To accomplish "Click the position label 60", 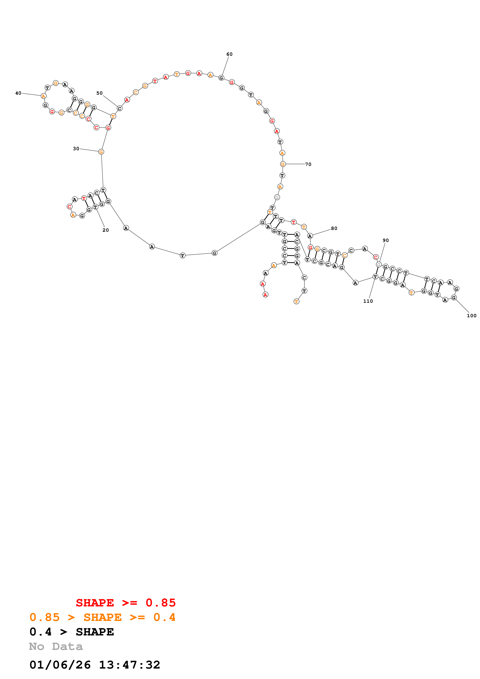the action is (x=229, y=54).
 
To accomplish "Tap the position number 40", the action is (x=18, y=93).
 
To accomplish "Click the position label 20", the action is (x=106, y=230).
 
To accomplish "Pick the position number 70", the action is (x=308, y=164).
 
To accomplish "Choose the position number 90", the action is (x=386, y=240).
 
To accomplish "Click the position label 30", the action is (x=76, y=149).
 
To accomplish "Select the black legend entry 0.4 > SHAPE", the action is (x=72, y=632).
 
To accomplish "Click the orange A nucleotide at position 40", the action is (x=44, y=96).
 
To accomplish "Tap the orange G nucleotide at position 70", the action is (x=283, y=164).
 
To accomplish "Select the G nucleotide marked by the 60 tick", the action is (x=221, y=78).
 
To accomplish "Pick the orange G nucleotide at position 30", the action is (x=101, y=152).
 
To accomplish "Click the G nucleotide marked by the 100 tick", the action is (x=454, y=297).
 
